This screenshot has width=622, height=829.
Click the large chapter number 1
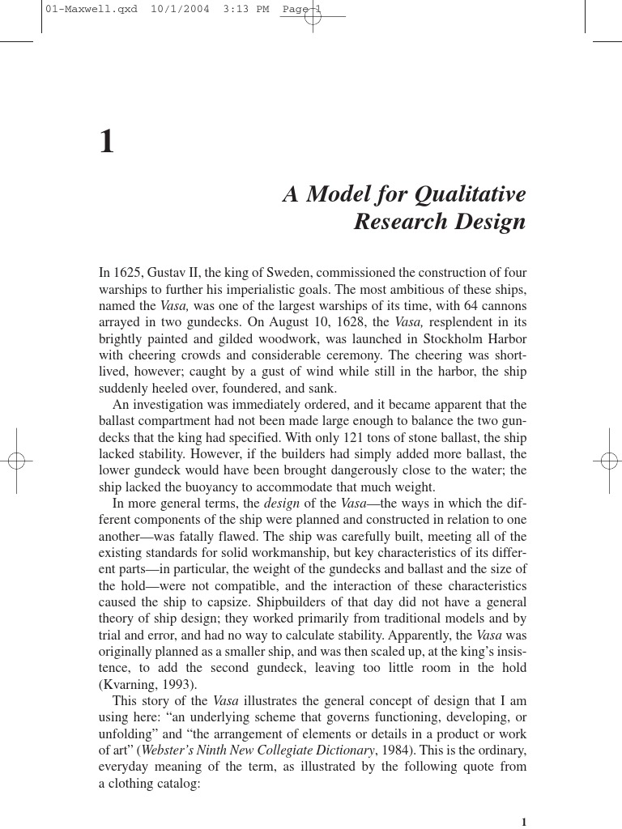tap(107, 142)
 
